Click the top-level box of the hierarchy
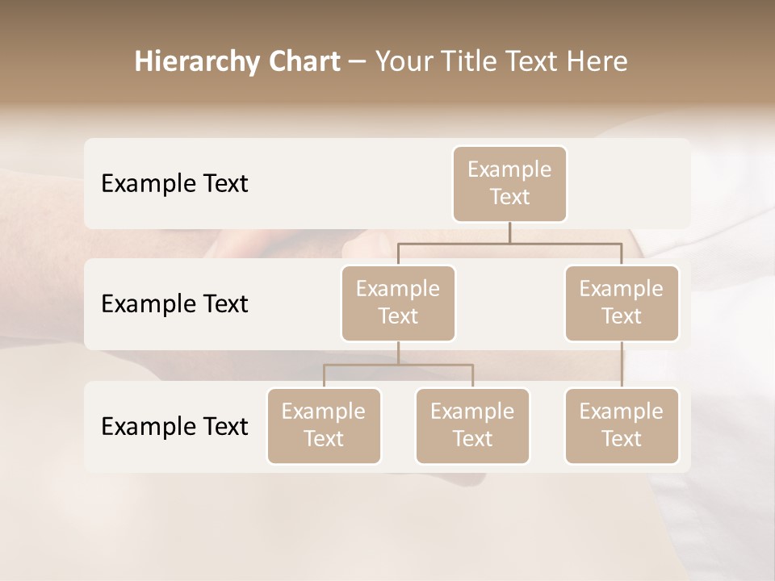coord(509,183)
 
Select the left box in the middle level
coord(398,303)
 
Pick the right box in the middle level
coord(622,303)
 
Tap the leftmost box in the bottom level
coord(324,425)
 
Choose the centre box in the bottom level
coord(472,425)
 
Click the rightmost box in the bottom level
coord(622,425)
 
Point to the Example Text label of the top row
coord(174,184)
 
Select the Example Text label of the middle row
coord(174,304)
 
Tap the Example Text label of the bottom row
coord(174,426)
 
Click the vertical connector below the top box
coord(509,232)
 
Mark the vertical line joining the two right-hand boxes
coord(622,365)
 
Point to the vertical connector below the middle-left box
coord(398,353)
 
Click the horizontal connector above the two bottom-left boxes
coord(398,365)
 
